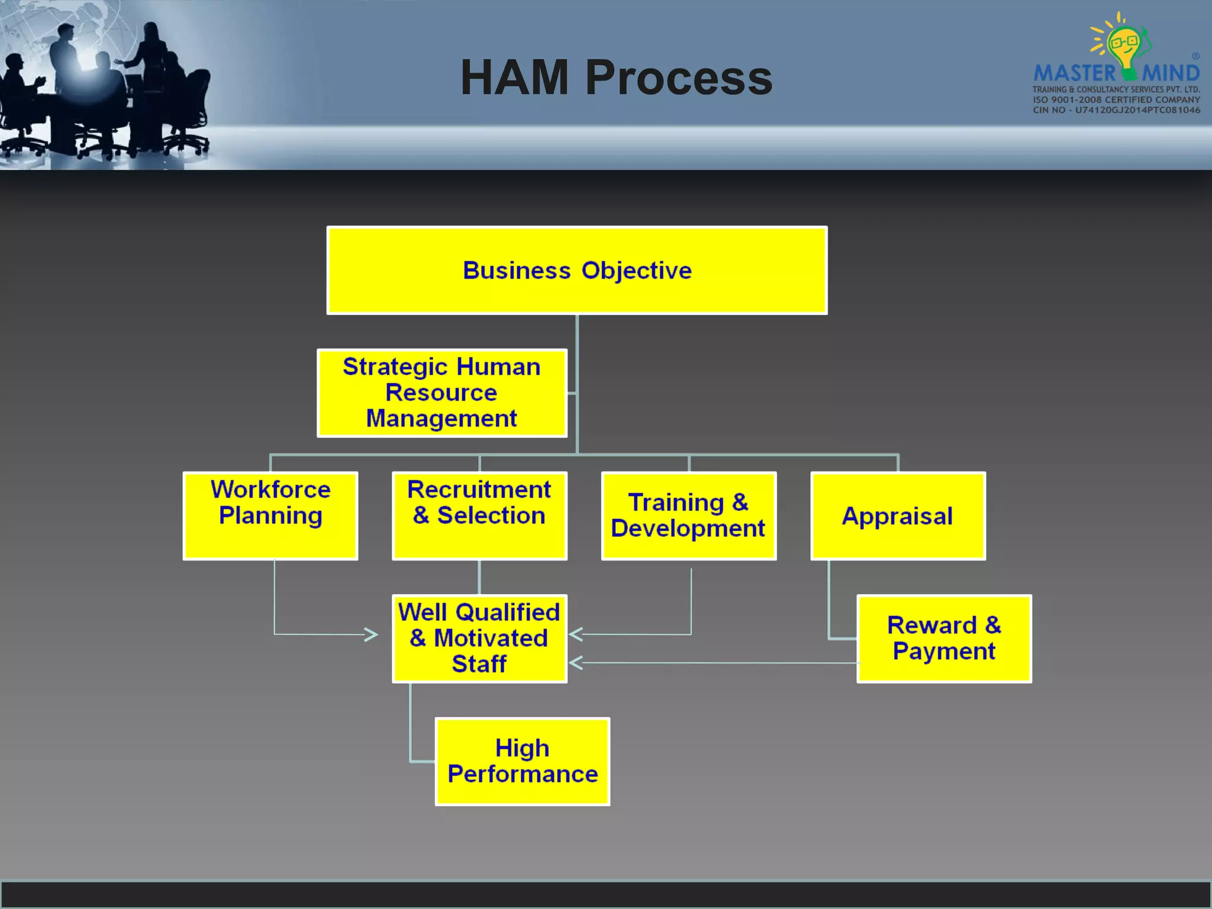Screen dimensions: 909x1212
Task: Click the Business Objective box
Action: point(577,270)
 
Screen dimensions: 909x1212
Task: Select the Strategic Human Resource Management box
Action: point(441,393)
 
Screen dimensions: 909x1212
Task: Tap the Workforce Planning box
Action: point(270,515)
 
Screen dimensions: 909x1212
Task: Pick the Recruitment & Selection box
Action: point(479,515)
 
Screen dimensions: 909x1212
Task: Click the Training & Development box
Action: point(689,515)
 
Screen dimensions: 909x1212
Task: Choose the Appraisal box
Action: point(898,515)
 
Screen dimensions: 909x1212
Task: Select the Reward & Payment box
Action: point(944,639)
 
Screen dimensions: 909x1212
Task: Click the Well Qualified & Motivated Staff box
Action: point(479,639)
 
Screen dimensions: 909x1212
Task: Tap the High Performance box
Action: point(523,762)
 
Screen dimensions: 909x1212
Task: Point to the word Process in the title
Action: point(679,78)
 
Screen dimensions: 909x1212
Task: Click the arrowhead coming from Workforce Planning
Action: point(372,634)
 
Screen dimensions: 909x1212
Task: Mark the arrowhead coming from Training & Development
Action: point(576,634)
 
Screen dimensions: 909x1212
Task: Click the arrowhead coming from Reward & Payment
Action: point(576,663)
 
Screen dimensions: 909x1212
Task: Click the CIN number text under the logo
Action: point(1116,110)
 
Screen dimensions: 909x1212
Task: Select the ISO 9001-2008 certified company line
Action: point(1116,99)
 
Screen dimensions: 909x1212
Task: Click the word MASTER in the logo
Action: point(1074,74)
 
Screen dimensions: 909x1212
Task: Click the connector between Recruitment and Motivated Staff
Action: point(479,577)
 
